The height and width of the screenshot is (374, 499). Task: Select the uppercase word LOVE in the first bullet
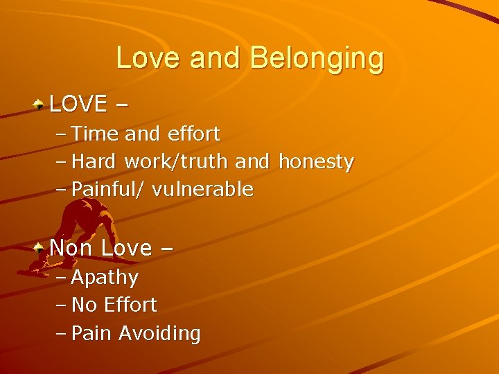[78, 104]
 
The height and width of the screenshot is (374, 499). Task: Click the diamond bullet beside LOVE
[40, 105]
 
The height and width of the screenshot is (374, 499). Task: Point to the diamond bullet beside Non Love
[40, 247]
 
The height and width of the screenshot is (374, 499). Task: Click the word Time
[96, 133]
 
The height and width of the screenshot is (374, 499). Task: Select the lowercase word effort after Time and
[192, 133]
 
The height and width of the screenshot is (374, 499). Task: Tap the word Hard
[96, 161]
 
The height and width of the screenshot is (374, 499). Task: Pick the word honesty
[315, 161]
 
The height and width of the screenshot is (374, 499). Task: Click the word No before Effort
[85, 305]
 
